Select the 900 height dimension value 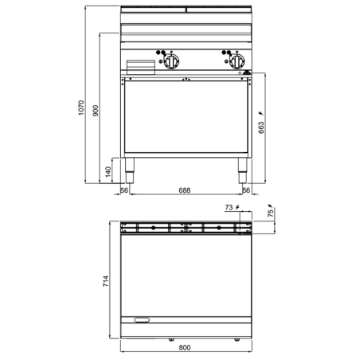(x=97, y=111)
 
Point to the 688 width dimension (x=184, y=190)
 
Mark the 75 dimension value (x=270, y=213)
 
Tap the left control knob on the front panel (x=172, y=63)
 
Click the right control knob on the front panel (x=236, y=63)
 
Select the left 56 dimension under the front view (x=124, y=190)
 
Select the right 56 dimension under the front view (x=245, y=190)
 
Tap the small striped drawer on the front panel (x=140, y=66)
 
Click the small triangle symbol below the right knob (x=247, y=72)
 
